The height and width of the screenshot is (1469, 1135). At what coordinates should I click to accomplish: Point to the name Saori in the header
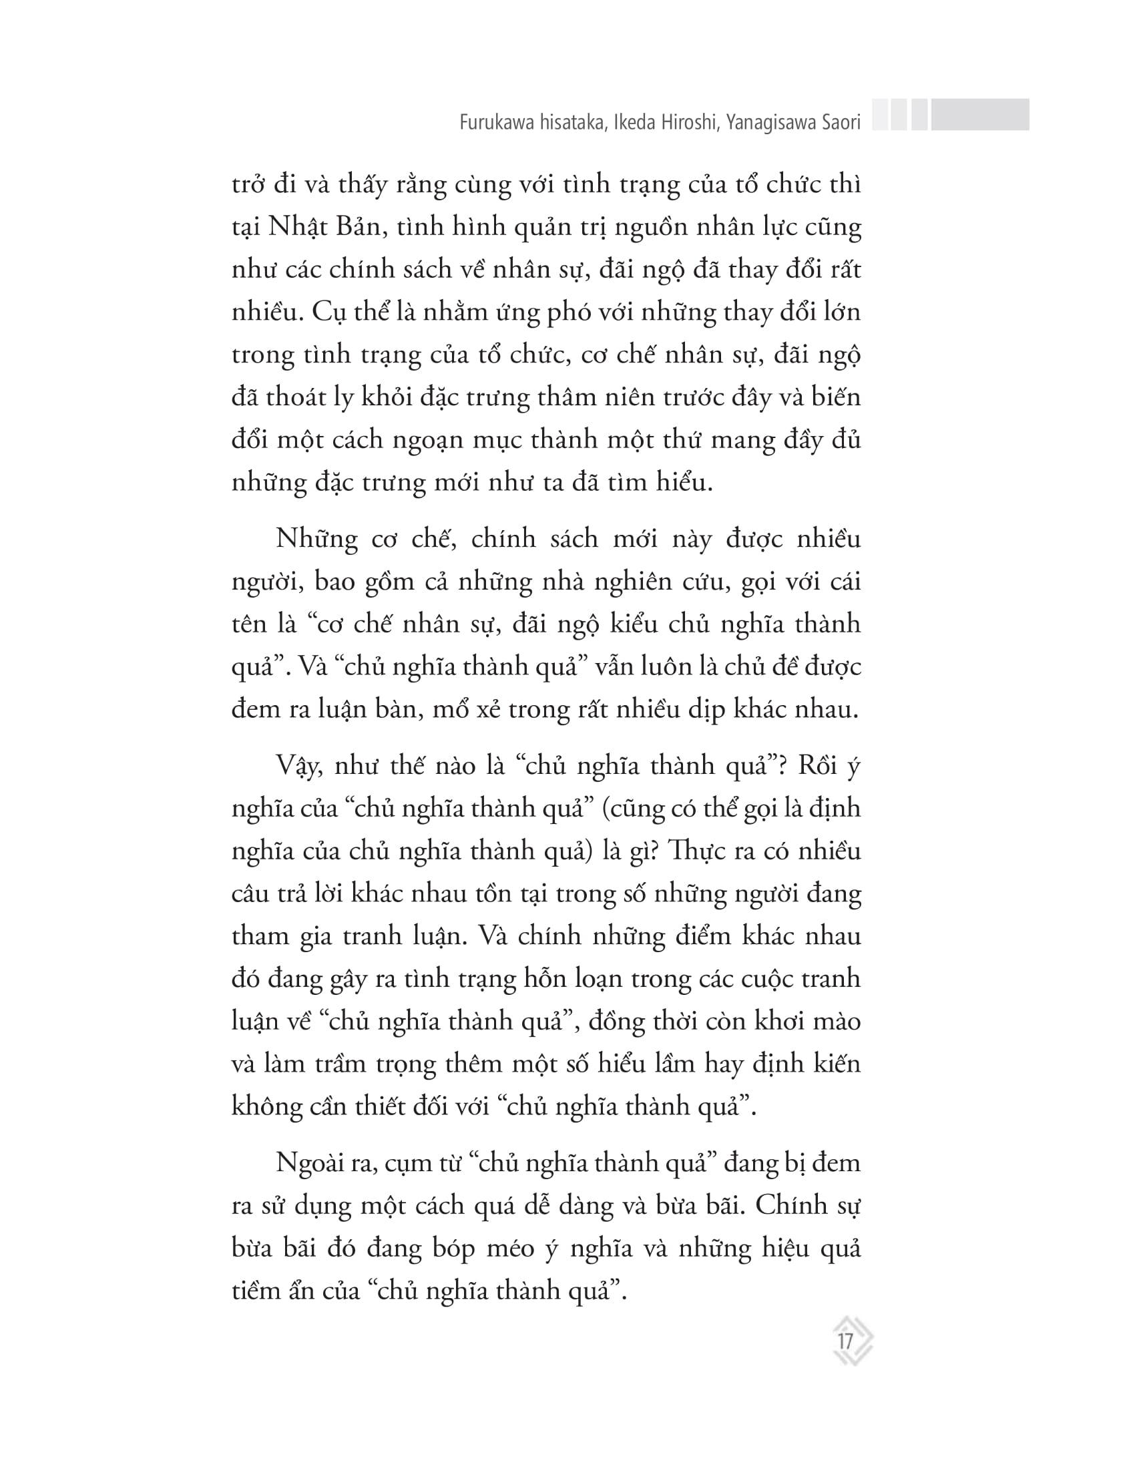click(838, 124)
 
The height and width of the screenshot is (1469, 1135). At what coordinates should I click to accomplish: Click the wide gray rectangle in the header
click(979, 114)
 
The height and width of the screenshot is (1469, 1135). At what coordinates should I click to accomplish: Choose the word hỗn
click(541, 979)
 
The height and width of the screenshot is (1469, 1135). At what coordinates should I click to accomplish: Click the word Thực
click(701, 851)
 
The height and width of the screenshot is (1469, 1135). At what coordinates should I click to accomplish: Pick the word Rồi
click(817, 766)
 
